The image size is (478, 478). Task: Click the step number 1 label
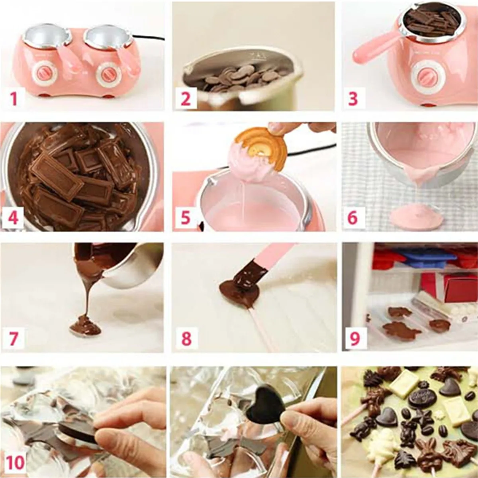(14, 98)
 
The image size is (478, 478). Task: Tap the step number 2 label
(186, 98)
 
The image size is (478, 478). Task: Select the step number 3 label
(353, 98)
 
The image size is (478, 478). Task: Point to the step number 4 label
(14, 218)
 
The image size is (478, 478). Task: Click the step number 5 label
(186, 218)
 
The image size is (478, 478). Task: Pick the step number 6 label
(353, 218)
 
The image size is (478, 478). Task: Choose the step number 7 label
(14, 339)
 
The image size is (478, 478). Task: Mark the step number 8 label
(186, 339)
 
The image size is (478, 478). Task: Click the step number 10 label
(15, 463)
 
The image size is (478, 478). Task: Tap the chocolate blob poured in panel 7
(84, 325)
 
